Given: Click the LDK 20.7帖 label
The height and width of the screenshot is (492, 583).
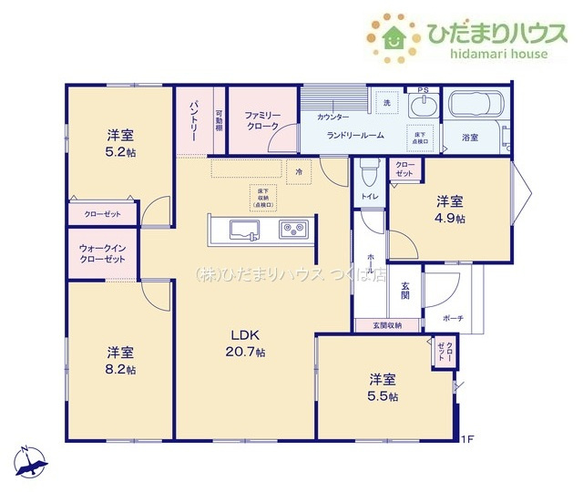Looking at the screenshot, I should [247, 343].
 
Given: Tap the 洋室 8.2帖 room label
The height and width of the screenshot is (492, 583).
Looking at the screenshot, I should [119, 361].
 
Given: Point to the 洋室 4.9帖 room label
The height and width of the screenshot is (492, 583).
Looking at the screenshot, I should [449, 210].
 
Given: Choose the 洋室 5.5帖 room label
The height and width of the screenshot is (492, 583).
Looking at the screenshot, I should [383, 387].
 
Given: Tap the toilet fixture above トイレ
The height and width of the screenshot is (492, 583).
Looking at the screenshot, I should [369, 171].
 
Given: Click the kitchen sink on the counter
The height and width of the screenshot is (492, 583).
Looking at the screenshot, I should [245, 229].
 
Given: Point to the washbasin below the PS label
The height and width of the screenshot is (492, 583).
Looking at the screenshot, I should [422, 108].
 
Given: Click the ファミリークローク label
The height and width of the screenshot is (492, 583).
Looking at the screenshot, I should [262, 120].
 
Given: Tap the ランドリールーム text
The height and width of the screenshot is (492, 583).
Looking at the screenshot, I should [355, 135].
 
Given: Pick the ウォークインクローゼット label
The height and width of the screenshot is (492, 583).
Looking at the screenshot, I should [101, 252].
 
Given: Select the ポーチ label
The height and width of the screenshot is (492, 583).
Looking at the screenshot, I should [453, 318].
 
